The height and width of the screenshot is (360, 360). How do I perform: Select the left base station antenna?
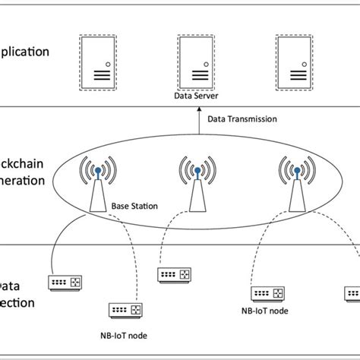tap(97, 186)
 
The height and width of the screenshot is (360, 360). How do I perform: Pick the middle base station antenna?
tap(197, 186)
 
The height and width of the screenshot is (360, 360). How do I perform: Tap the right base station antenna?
tap(296, 186)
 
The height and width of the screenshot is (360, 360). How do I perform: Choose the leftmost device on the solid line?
tap(64, 283)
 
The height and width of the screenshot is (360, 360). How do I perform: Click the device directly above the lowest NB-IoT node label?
tap(125, 311)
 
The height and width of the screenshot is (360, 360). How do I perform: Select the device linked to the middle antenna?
tap(173, 274)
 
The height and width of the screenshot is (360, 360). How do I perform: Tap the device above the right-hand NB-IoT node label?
tap(267, 293)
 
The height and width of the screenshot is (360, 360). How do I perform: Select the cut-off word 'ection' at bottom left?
tap(18, 302)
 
